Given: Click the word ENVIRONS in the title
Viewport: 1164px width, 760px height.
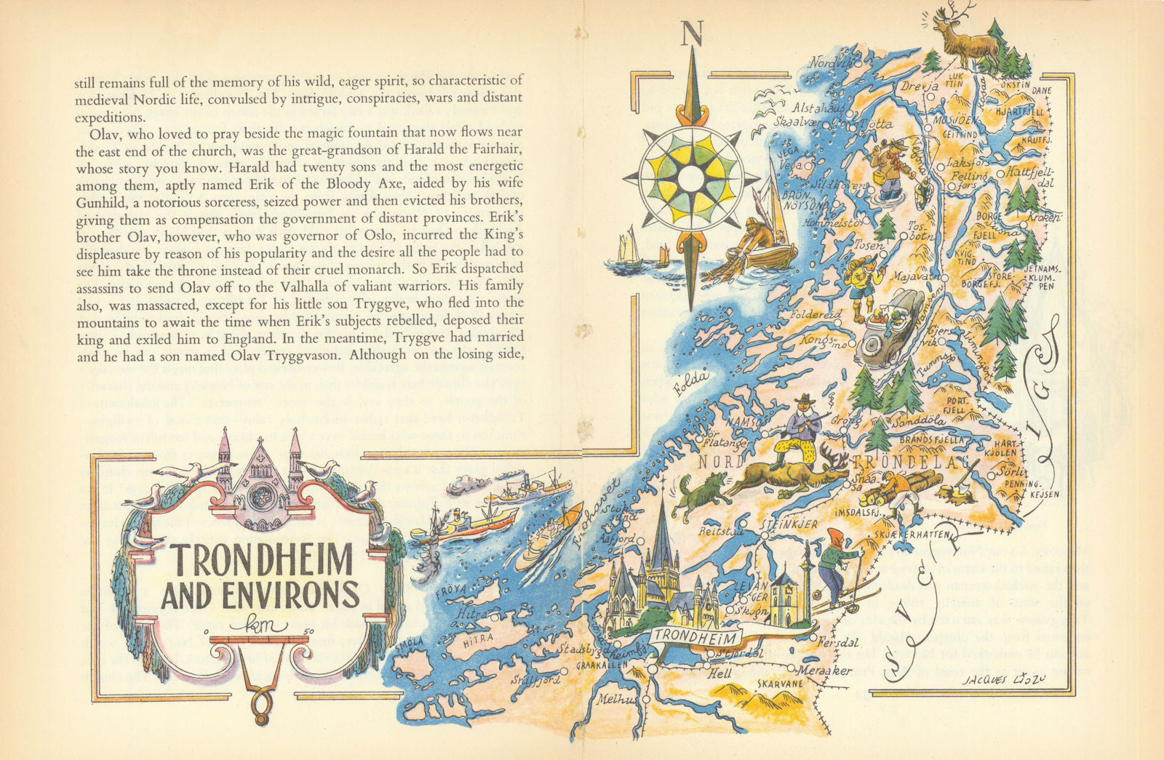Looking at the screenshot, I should (260, 595).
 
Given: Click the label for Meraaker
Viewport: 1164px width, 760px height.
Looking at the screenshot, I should (824, 671).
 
